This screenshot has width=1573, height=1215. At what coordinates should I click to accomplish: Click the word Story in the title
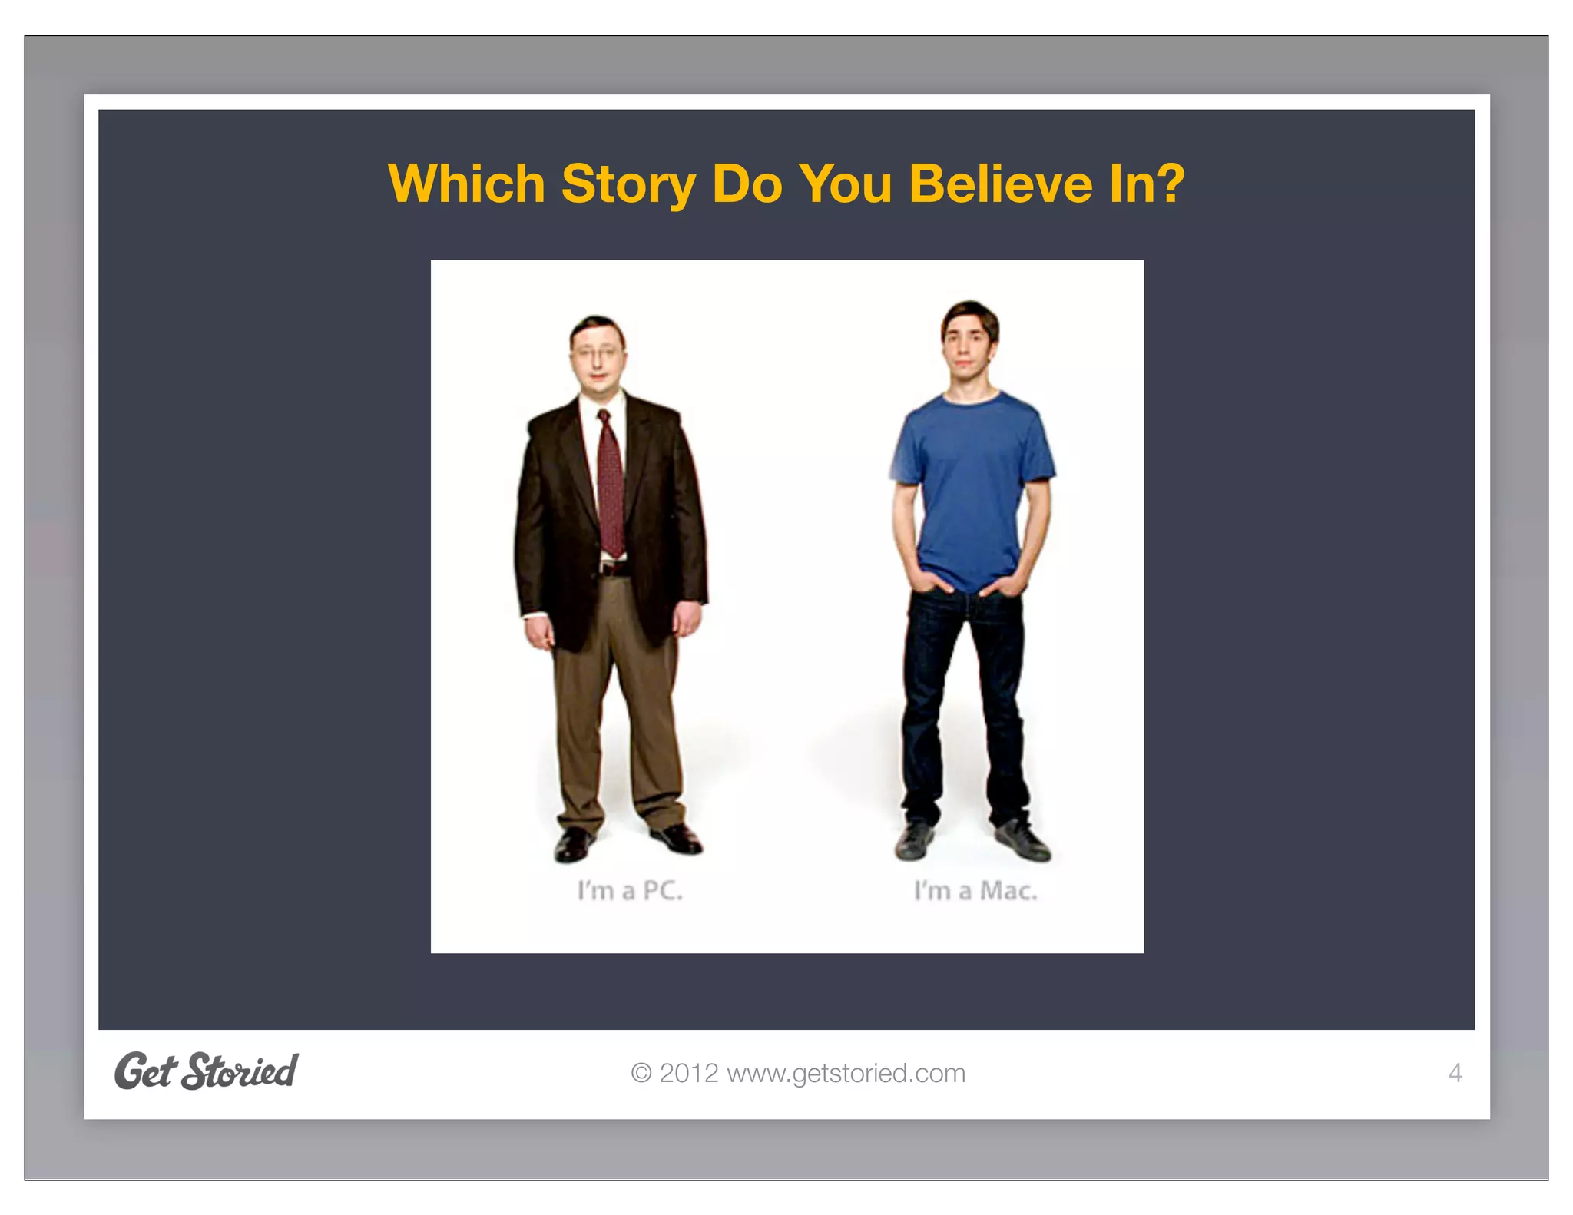[x=628, y=184]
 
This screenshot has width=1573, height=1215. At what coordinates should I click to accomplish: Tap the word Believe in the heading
[x=999, y=184]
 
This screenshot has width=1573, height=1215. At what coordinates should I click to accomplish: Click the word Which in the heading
[x=466, y=184]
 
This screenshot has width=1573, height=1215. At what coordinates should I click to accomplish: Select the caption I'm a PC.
[x=630, y=891]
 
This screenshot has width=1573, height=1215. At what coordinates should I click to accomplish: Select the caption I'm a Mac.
[x=975, y=891]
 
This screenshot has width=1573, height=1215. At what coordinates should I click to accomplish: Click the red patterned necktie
[x=611, y=484]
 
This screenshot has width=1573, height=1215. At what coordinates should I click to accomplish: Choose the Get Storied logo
[x=206, y=1071]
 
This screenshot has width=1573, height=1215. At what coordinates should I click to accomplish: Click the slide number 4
[x=1454, y=1073]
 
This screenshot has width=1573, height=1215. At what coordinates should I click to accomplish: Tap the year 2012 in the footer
[x=689, y=1073]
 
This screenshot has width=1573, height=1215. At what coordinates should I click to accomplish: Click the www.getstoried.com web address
[x=846, y=1073]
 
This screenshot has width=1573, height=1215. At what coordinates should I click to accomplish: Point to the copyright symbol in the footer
[x=641, y=1073]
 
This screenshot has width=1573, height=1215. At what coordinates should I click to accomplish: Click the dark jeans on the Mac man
[x=964, y=707]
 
